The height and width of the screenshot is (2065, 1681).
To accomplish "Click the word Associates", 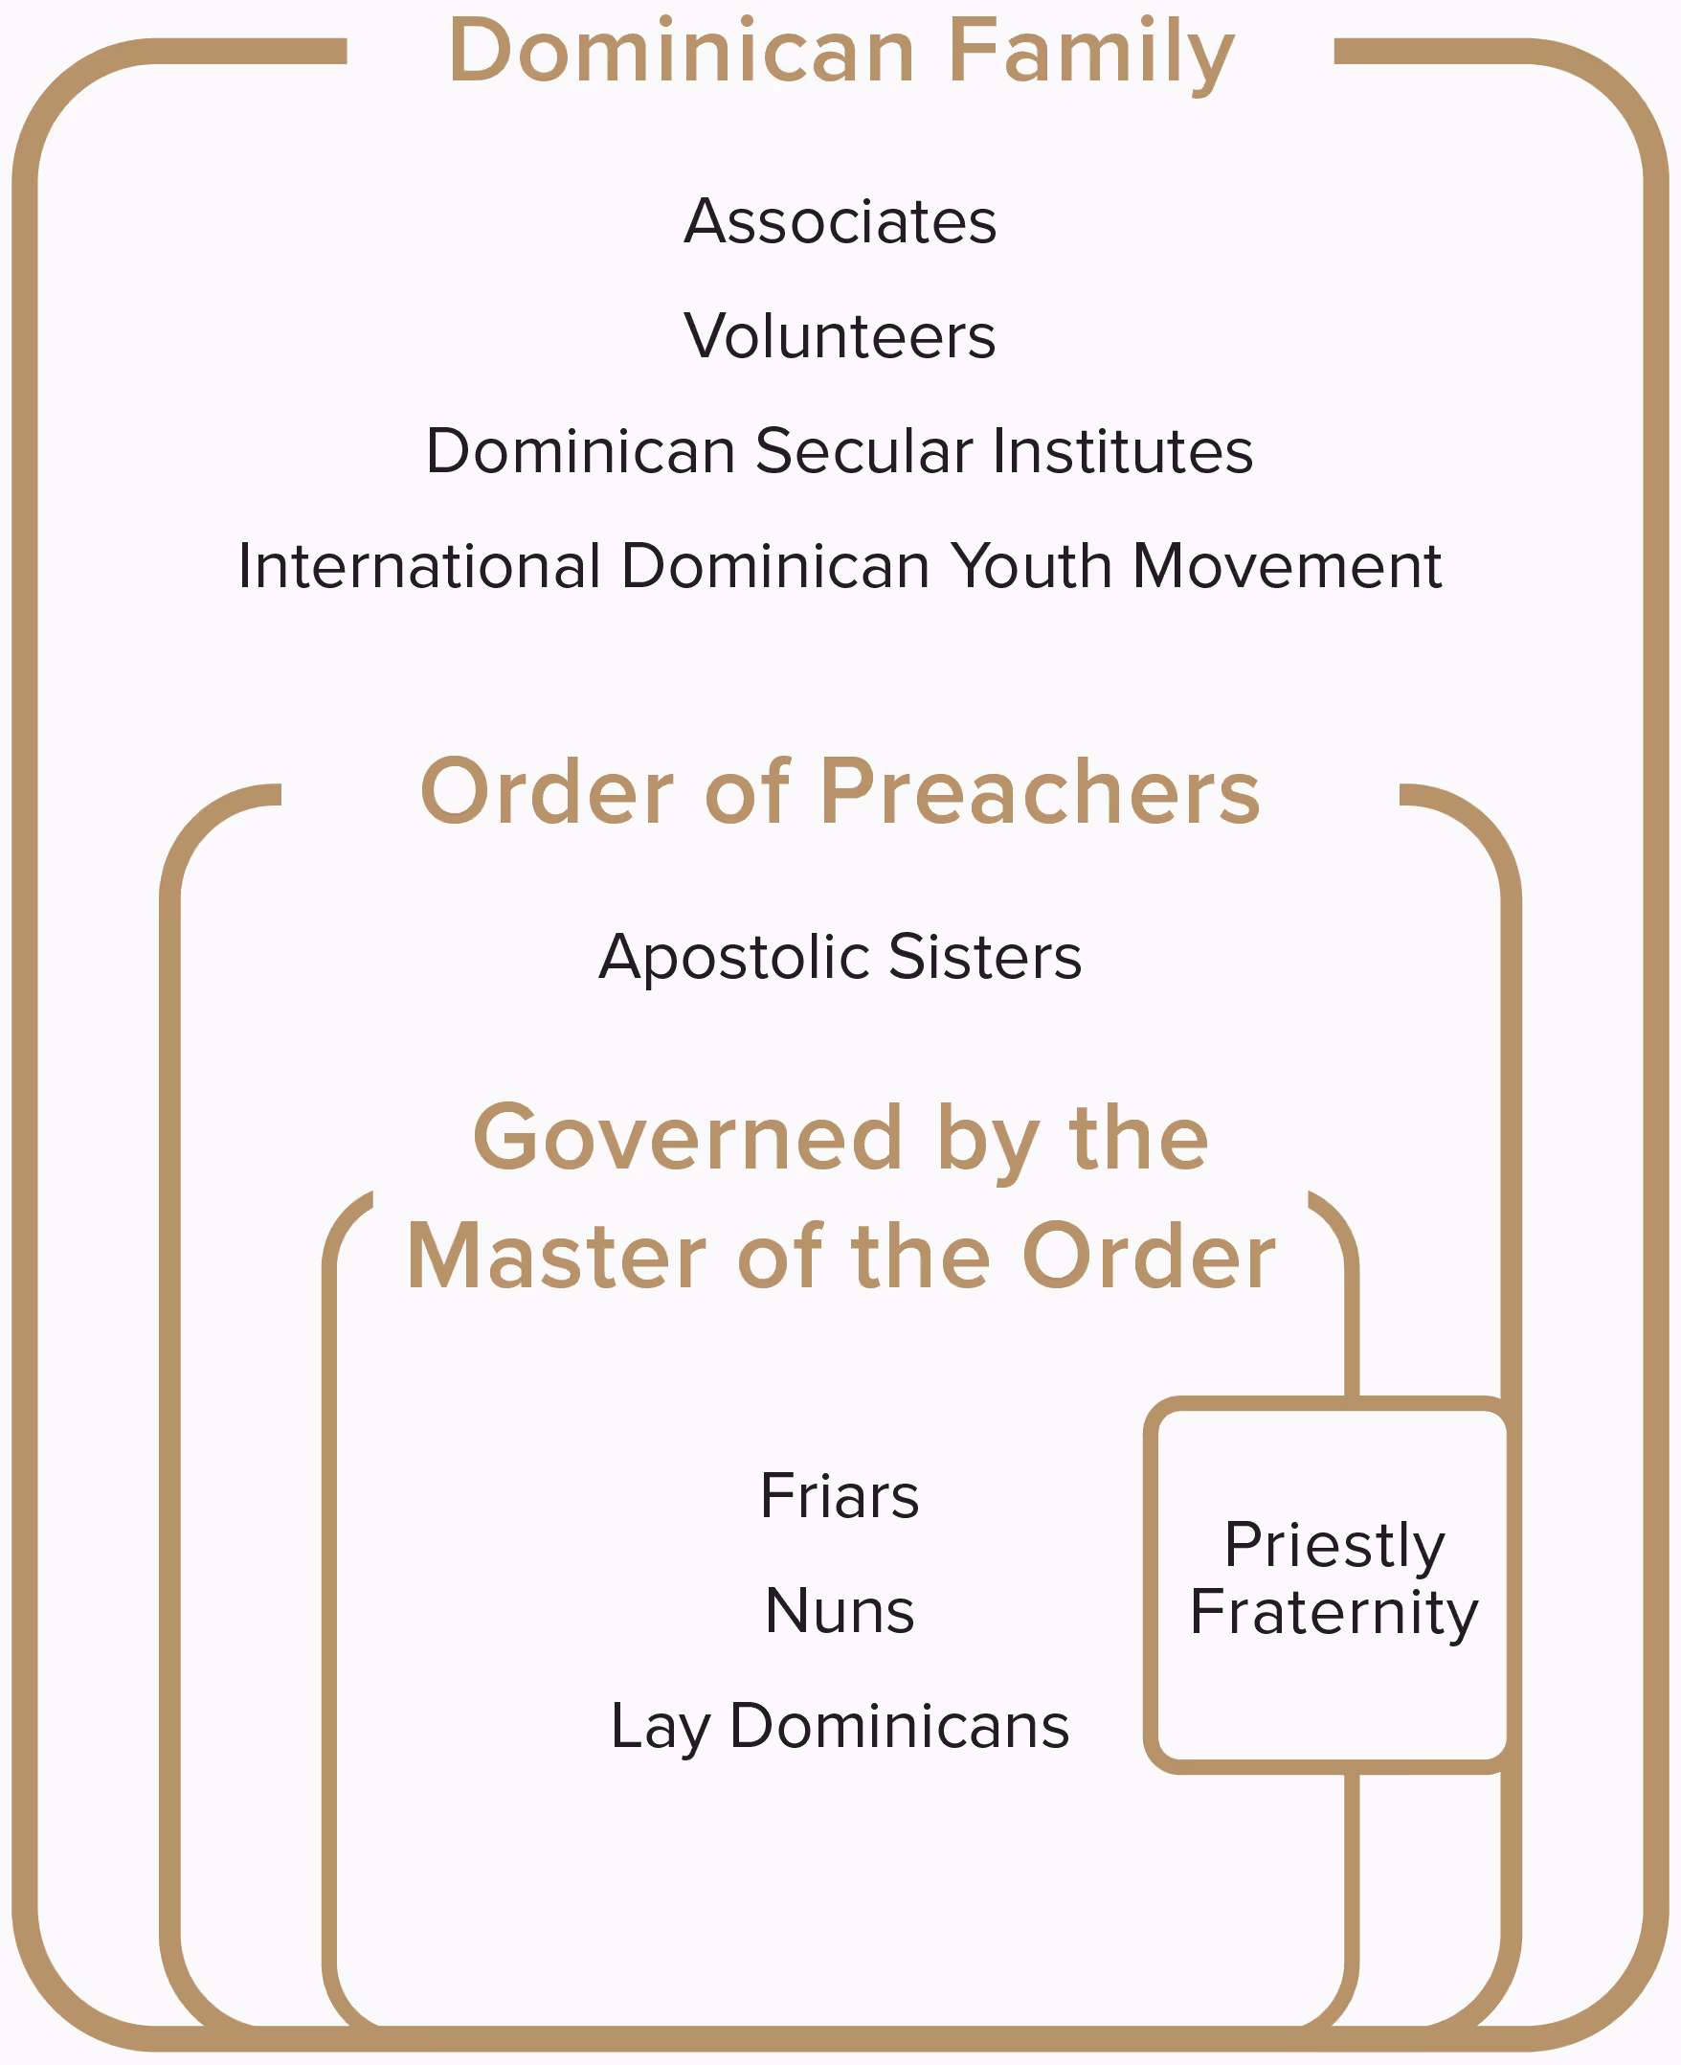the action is [x=840, y=222].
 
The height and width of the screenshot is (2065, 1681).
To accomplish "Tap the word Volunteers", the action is [x=840, y=336].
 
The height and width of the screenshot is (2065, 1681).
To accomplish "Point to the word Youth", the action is [x=1030, y=566].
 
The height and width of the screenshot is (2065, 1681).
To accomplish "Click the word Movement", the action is [x=1287, y=566].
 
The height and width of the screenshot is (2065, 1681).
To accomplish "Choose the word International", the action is [x=419, y=566].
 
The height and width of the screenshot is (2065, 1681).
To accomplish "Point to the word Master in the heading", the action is [x=556, y=1257].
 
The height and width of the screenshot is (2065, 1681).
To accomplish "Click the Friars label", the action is [x=840, y=1496].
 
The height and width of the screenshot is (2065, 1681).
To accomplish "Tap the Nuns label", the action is [x=840, y=1612].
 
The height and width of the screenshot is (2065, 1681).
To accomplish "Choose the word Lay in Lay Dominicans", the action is [x=661, y=1728].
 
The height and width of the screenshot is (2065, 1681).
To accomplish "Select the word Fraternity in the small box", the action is [x=1334, y=1613].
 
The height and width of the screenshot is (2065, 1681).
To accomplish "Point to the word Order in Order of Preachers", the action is [x=546, y=792].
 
